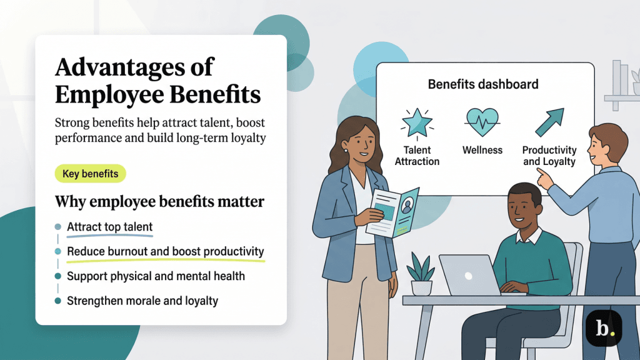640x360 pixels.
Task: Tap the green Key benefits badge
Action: tap(90, 174)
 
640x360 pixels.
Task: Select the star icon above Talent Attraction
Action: tap(417, 122)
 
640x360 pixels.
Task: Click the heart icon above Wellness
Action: tap(482, 122)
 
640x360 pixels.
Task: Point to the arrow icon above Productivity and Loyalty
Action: tap(549, 122)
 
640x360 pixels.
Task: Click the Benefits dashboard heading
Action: tap(482, 84)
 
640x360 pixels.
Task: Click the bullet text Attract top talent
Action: tap(110, 227)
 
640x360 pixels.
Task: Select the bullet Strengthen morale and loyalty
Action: tap(142, 301)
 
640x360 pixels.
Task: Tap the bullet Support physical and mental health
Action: tap(156, 276)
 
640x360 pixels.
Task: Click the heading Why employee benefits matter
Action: tap(159, 202)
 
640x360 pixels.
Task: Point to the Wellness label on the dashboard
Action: tap(482, 150)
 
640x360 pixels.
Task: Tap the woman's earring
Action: tap(344, 151)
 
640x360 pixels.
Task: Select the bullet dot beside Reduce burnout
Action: tap(58, 251)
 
